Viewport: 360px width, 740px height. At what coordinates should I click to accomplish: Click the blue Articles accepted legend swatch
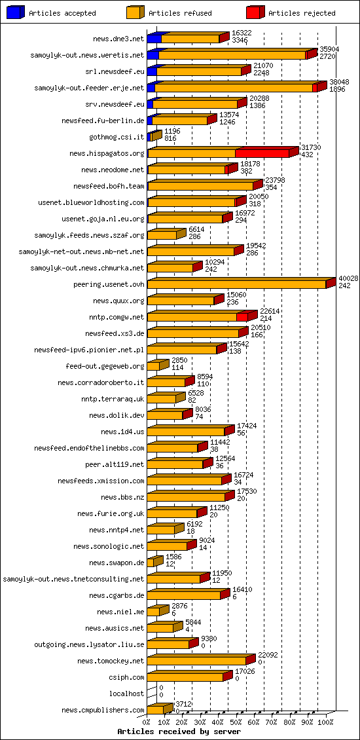(16, 12)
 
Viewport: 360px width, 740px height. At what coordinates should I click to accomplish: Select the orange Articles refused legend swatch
(135, 12)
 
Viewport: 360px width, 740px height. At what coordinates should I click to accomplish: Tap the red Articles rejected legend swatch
(255, 12)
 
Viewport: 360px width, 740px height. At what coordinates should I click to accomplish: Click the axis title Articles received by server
(179, 731)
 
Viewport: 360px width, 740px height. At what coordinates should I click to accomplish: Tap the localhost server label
(126, 694)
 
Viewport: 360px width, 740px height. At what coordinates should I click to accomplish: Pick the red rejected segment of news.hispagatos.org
(262, 153)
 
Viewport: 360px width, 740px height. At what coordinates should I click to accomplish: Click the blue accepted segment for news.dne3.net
(154, 39)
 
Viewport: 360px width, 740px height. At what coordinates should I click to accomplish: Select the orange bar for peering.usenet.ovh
(236, 284)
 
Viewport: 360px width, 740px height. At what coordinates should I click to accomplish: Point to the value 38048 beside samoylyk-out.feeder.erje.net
(339, 82)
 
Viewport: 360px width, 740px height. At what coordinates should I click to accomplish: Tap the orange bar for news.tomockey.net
(196, 661)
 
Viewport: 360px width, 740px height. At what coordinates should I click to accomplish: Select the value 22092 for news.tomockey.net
(268, 655)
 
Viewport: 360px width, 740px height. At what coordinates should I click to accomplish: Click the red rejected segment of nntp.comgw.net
(242, 317)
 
